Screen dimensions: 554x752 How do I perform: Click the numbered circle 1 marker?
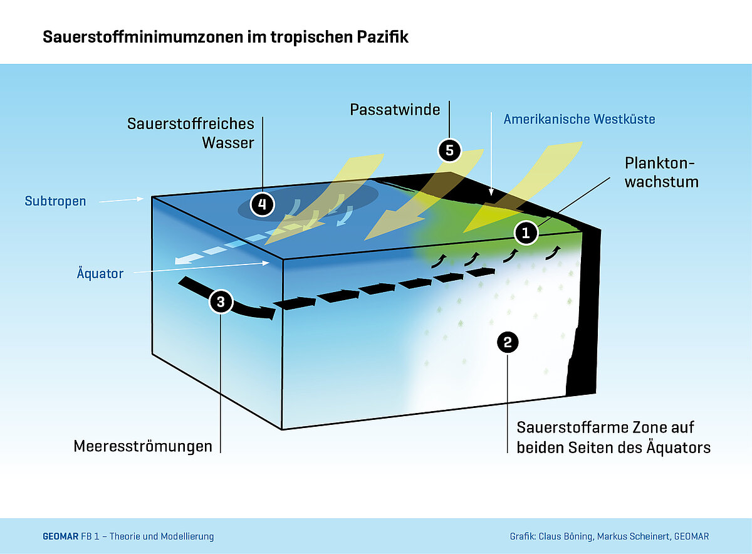[x=526, y=233]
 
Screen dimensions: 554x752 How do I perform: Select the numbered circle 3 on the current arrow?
[x=220, y=301]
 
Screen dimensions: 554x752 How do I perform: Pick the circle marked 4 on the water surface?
[x=261, y=204]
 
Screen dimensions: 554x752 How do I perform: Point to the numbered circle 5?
[x=449, y=150]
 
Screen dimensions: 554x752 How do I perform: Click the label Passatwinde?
[x=394, y=110]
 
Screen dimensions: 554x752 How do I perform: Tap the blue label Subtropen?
[x=55, y=201]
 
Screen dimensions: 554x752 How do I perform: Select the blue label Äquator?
[x=100, y=274]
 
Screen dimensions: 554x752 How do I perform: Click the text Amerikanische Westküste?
[x=580, y=118]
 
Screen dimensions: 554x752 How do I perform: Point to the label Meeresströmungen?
[x=143, y=446]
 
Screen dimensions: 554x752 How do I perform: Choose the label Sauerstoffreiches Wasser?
[x=191, y=133]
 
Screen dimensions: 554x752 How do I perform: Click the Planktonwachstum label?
[x=661, y=172]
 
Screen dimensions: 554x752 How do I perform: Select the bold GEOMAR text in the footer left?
[x=60, y=536]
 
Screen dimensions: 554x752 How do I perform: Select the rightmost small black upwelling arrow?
[x=554, y=252]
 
